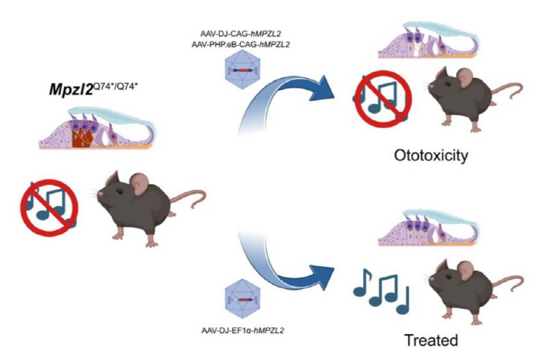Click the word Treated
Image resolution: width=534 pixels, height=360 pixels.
(x=431, y=339)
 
